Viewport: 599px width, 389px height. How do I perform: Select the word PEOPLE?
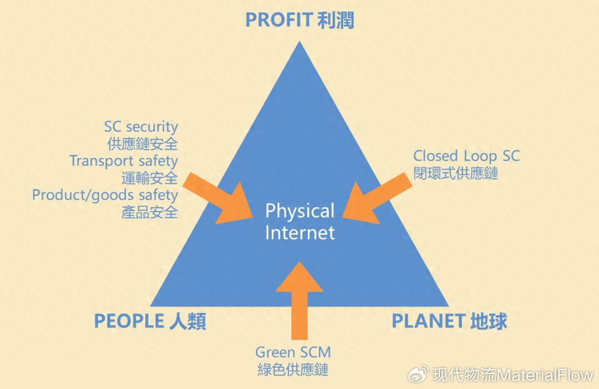pyautogui.click(x=129, y=321)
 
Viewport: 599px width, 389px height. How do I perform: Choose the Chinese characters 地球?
pyautogui.click(x=489, y=321)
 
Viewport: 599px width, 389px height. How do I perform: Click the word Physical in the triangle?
pyautogui.click(x=300, y=212)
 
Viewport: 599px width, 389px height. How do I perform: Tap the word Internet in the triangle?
pyautogui.click(x=300, y=233)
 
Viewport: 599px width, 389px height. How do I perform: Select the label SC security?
pyautogui.click(x=141, y=126)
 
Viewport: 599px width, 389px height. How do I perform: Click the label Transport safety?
pyautogui.click(x=124, y=161)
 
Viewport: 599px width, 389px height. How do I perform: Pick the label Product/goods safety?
pyautogui.click(x=105, y=195)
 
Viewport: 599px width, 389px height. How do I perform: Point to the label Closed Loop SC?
pyautogui.click(x=466, y=156)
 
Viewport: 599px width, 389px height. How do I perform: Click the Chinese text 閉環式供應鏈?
pyautogui.click(x=456, y=173)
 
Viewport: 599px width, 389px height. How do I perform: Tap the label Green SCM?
pyautogui.click(x=293, y=352)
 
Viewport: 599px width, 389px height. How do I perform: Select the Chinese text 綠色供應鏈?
pyautogui.click(x=293, y=370)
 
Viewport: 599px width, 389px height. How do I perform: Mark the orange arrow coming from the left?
pyautogui.click(x=218, y=198)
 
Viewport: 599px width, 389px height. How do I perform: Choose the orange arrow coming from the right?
pyautogui.click(x=378, y=198)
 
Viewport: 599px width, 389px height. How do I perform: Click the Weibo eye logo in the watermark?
pyautogui.click(x=419, y=375)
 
